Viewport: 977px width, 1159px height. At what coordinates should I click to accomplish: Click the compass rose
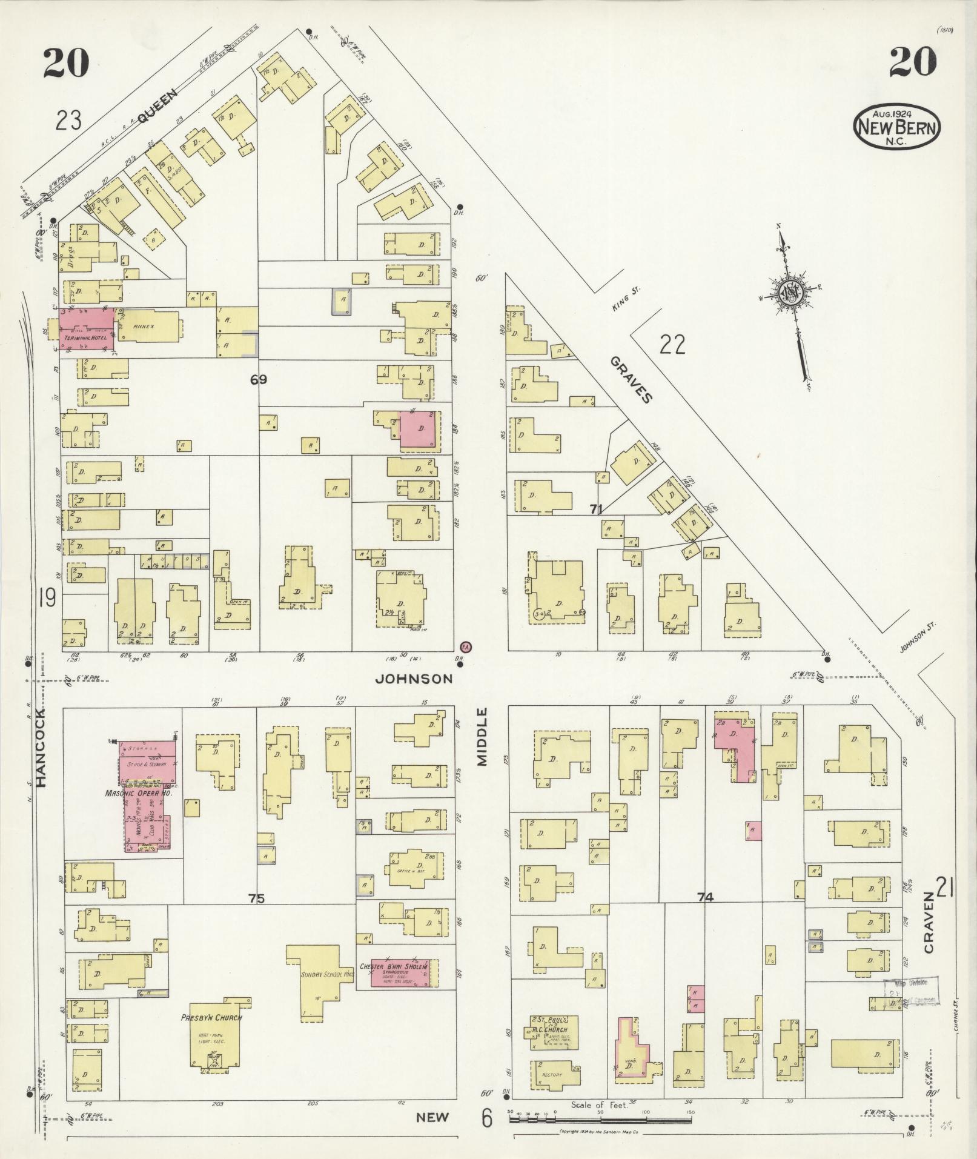(x=791, y=292)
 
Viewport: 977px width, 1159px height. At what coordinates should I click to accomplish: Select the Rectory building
(x=552, y=1075)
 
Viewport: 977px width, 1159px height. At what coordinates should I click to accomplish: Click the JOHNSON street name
(x=414, y=679)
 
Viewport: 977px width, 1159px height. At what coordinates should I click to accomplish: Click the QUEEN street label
(x=156, y=107)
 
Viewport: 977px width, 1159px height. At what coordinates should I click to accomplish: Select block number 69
(x=259, y=380)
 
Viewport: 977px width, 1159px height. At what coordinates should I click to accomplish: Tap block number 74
(x=704, y=898)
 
